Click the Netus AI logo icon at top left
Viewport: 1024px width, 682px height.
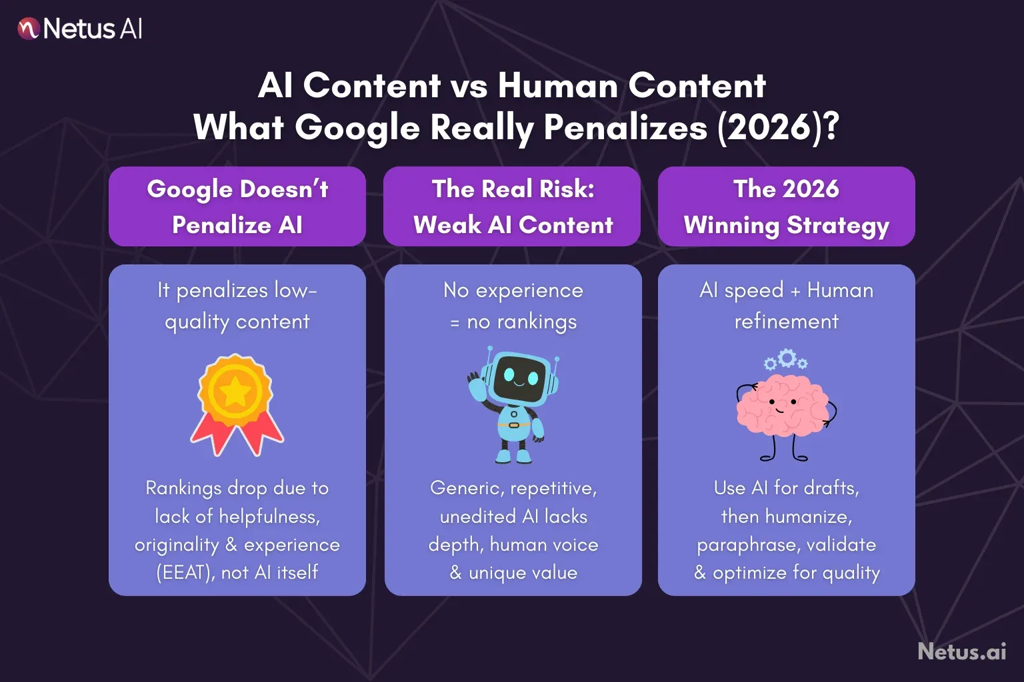pos(28,29)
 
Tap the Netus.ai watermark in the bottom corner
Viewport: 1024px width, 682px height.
pos(961,651)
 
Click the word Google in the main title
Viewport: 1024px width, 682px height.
pos(357,127)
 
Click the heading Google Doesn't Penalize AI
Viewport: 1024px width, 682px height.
pos(237,206)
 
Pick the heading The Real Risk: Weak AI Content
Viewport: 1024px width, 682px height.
pos(513,206)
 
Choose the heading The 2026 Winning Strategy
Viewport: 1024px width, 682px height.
pos(786,206)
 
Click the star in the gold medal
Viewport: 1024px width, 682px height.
pos(236,392)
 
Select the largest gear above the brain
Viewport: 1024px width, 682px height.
pos(787,358)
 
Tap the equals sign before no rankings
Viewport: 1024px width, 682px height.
pos(455,323)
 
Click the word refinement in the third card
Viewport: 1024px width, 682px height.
pos(786,322)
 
